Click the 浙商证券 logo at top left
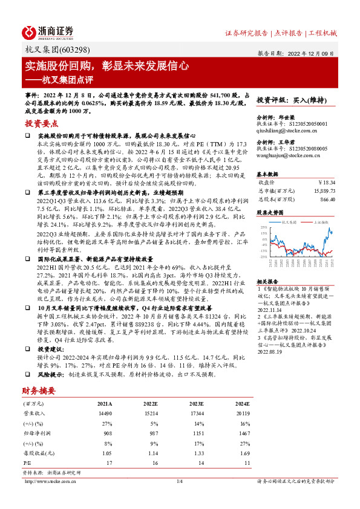48,32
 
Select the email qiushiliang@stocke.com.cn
287,129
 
